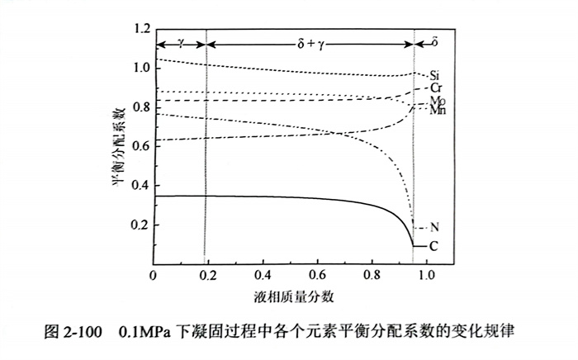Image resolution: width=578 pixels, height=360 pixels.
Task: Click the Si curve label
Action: coord(433,76)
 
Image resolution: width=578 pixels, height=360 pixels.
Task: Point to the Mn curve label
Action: coord(438,110)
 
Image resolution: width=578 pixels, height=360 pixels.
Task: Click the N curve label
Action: coord(434,227)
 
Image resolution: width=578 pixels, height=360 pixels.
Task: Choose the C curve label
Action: coord(434,245)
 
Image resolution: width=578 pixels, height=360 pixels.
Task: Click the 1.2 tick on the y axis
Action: coord(140,31)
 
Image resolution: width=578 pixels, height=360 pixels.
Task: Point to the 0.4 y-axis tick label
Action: coord(140,185)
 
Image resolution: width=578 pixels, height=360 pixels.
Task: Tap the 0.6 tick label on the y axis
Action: coord(140,146)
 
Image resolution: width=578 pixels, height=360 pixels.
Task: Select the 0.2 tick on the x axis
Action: coord(208,273)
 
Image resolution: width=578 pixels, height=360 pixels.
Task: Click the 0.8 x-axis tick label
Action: coord(372,273)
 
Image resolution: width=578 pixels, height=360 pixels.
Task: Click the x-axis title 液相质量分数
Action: coord(289,295)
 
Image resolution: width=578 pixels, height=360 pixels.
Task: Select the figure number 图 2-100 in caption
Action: coord(73,334)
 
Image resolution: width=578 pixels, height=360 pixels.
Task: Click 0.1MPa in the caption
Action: coord(146,334)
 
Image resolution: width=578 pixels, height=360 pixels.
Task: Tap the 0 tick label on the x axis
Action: coord(154,273)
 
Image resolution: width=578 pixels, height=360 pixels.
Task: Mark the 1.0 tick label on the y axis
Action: coord(140,69)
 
